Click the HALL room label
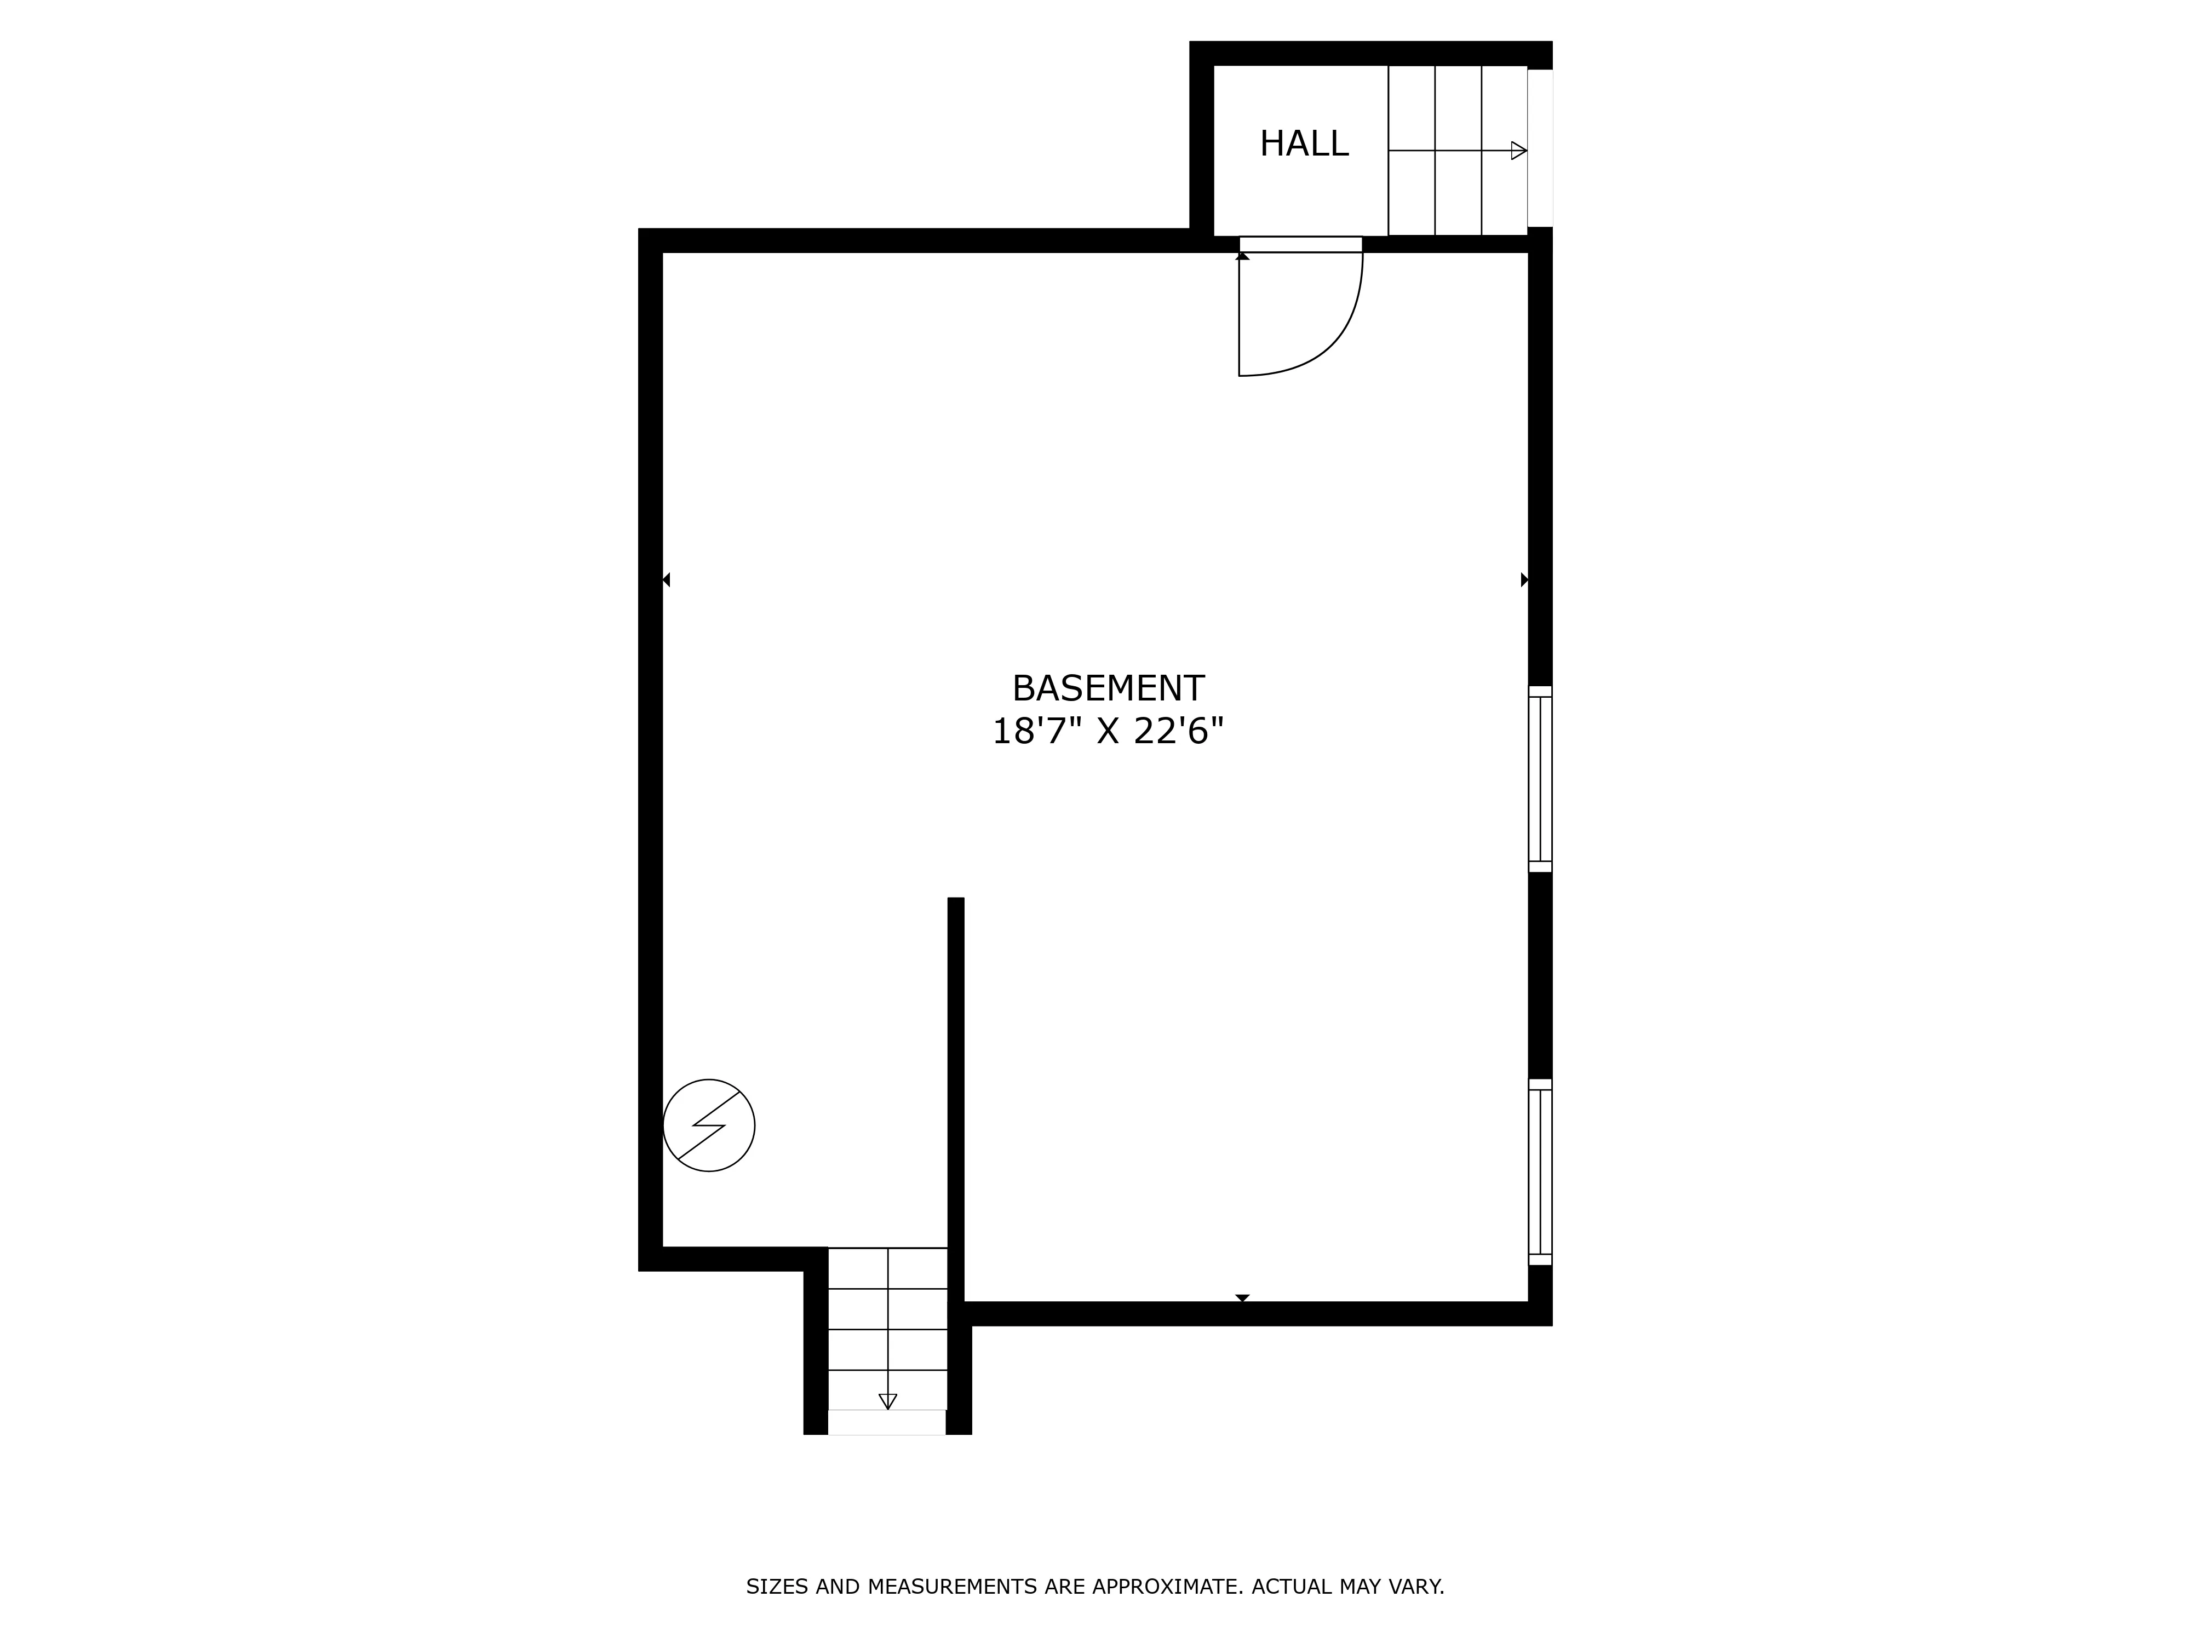click(1304, 145)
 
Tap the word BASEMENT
click(1108, 688)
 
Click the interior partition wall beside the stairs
click(956, 1099)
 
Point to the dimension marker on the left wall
click(667, 579)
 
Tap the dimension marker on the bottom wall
click(1242, 1297)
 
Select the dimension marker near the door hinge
click(1242, 256)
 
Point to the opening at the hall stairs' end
click(1540, 148)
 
